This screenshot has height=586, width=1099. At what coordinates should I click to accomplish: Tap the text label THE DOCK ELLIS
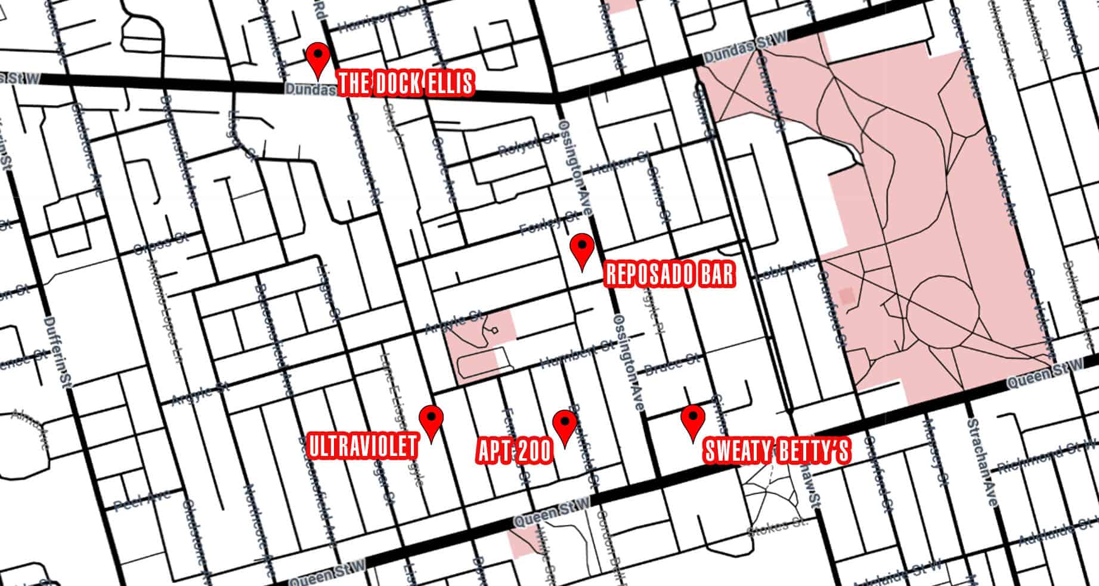(x=406, y=84)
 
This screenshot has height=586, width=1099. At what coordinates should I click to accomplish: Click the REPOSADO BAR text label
(x=669, y=275)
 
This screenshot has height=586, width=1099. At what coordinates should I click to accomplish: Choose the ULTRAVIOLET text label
(x=363, y=446)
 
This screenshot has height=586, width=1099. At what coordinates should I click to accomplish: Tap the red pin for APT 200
(x=564, y=424)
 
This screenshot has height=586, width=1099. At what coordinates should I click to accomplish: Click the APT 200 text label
(x=515, y=452)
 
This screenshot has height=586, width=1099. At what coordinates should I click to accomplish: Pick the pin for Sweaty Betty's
(x=692, y=419)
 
